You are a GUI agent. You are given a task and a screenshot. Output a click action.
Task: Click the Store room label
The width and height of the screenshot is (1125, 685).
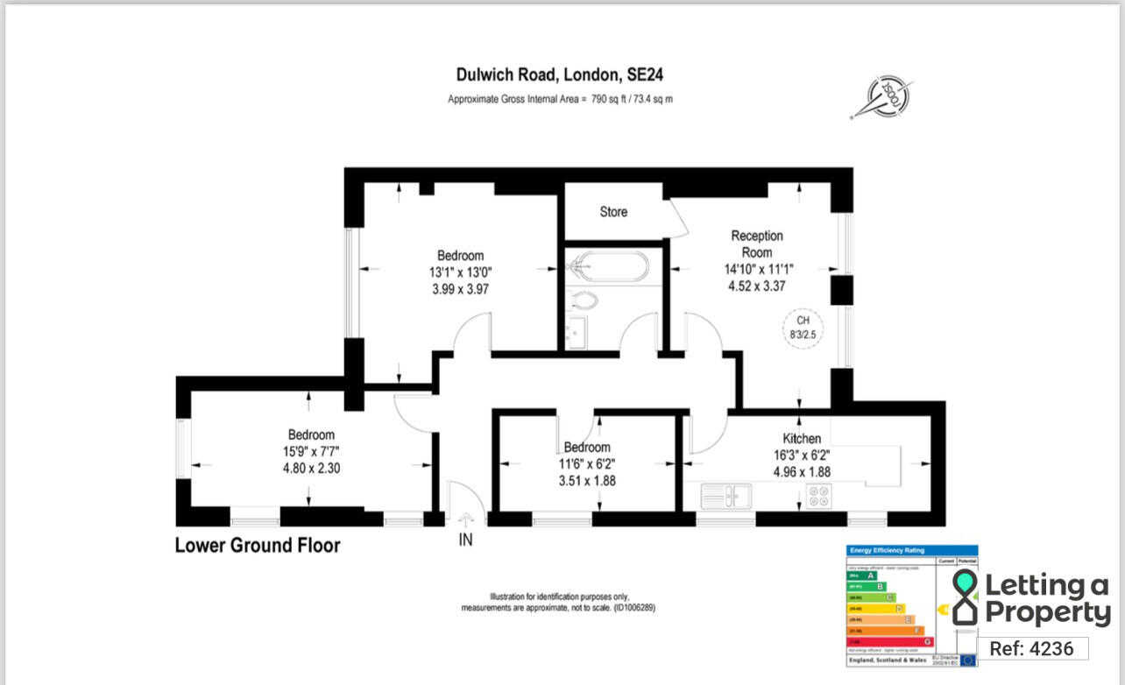pos(613,212)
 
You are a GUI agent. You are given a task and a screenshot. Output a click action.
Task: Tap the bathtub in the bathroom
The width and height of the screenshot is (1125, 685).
pos(607,265)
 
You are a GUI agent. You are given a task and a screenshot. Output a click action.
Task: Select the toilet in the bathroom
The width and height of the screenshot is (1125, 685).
pos(583,300)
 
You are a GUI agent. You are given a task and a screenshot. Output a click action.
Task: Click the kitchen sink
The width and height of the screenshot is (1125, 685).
pos(726,496)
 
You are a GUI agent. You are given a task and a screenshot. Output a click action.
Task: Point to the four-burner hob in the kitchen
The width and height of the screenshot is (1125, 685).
pos(818,496)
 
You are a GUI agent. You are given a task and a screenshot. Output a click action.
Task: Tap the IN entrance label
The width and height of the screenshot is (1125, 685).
pos(465,540)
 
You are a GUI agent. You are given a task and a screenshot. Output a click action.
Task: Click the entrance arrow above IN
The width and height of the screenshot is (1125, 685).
pos(464,519)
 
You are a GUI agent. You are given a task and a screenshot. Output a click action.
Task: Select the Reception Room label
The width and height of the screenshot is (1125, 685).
pos(757,244)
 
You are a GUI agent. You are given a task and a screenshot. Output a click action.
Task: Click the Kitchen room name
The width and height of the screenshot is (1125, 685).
pos(802,439)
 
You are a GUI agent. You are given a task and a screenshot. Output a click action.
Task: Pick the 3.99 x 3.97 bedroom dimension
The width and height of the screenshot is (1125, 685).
pos(460,288)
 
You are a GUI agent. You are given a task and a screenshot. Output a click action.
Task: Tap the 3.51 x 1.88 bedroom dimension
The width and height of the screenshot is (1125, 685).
pos(586,479)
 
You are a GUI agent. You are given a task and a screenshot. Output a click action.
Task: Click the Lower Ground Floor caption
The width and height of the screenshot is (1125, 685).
pos(258,546)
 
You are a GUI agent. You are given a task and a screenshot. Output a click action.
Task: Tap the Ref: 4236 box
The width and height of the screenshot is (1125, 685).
pos(1031,648)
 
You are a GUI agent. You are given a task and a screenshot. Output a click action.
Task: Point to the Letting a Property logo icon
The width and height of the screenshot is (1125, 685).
pos(965,597)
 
